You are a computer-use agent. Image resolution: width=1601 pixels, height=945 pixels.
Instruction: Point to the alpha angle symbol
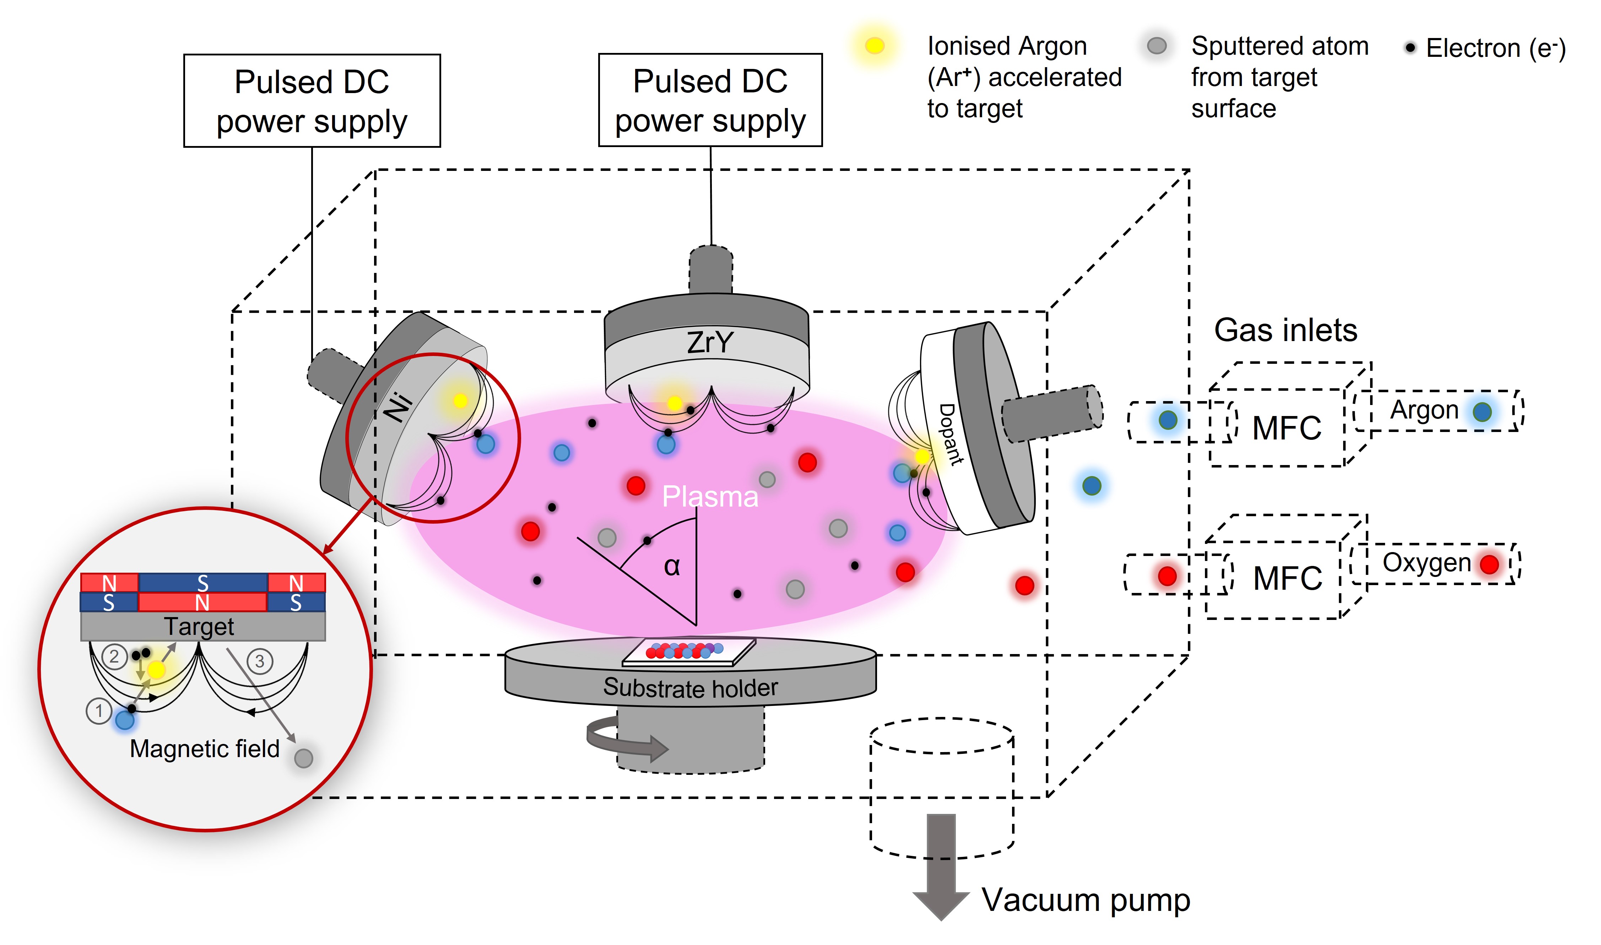(672, 566)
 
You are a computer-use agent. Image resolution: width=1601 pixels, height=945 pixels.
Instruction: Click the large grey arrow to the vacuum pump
(941, 866)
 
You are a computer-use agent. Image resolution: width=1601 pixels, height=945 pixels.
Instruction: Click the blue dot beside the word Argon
(1482, 412)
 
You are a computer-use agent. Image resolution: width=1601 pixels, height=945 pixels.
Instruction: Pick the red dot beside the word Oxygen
(1489, 564)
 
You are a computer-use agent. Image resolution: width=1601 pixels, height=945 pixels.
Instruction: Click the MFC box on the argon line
(1286, 428)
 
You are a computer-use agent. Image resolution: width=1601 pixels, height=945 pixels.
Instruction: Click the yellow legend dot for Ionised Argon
(875, 46)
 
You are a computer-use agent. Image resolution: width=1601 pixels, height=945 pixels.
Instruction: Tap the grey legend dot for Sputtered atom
(1156, 46)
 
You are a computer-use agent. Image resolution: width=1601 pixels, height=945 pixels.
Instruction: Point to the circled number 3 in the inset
(260, 661)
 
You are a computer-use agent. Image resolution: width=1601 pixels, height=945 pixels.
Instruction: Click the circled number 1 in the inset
(99, 710)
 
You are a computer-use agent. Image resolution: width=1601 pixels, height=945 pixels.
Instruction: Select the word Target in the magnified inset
(199, 627)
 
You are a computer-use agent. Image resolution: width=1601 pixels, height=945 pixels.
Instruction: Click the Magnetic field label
(204, 749)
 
